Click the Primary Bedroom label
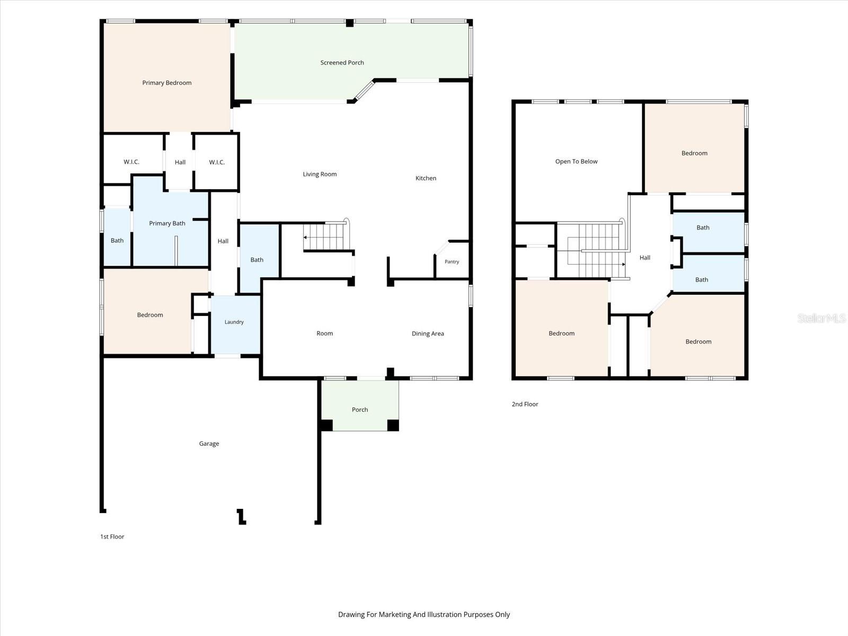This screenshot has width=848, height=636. click(x=166, y=83)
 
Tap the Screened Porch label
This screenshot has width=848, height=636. click(x=342, y=63)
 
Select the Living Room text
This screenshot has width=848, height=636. click(x=320, y=174)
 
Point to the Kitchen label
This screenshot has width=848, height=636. click(x=426, y=178)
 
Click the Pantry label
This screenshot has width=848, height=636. click(x=452, y=261)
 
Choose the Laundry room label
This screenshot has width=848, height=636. click(x=234, y=322)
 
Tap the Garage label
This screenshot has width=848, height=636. click(x=209, y=444)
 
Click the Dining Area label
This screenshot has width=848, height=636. click(x=428, y=334)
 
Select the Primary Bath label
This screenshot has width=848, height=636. click(x=167, y=223)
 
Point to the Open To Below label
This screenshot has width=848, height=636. click(x=576, y=162)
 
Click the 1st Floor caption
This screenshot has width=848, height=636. click(x=112, y=536)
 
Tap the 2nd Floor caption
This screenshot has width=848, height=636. click(x=525, y=404)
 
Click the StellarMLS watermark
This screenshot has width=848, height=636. click(x=821, y=318)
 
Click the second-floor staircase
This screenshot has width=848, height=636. click(x=593, y=250)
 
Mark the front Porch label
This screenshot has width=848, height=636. click(x=360, y=410)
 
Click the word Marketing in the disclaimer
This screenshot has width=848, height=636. click(x=394, y=614)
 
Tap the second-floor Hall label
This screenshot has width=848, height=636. click(x=644, y=258)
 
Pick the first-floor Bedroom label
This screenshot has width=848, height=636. click(x=150, y=315)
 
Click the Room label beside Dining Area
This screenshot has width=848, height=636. click(x=324, y=333)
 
